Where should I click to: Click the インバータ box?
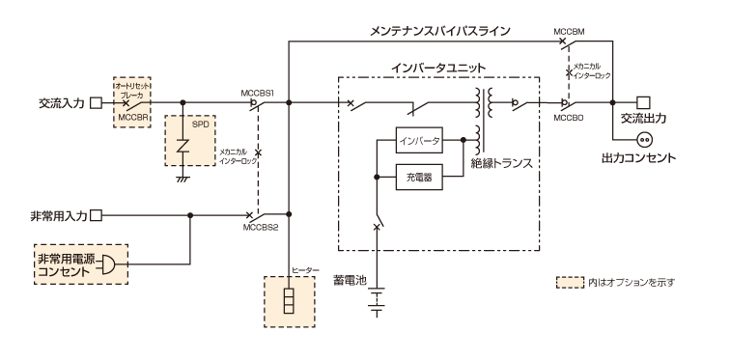tap(419, 140)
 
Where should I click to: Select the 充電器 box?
tap(419, 177)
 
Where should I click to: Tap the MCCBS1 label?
tap(258, 94)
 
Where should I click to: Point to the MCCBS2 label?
tap(261, 228)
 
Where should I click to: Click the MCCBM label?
tap(569, 32)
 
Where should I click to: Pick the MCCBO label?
tap(569, 118)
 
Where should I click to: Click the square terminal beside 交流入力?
tap(96, 103)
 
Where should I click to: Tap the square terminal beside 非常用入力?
tap(96, 215)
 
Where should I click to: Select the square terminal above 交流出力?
tap(643, 102)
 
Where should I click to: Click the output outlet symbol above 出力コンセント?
tap(645, 139)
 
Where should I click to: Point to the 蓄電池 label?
tap(350, 281)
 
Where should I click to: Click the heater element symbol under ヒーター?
tap(289, 301)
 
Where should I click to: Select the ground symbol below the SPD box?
tap(182, 179)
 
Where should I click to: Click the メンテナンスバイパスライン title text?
tap(440, 31)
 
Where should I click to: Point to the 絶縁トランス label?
tap(501, 164)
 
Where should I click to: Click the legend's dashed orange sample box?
tap(570, 283)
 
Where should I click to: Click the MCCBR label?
tap(132, 118)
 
